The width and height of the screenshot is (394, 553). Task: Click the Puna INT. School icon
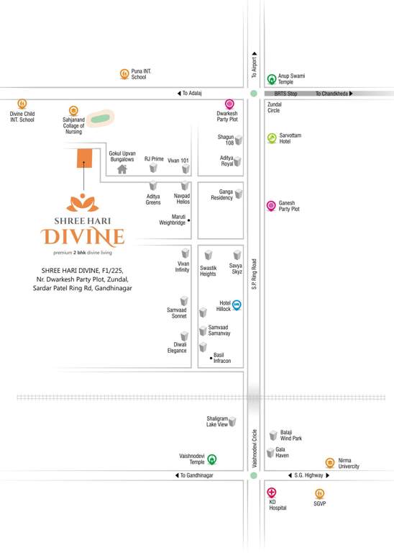pos(124,73)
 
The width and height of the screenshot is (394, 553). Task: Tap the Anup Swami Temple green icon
pos(271,79)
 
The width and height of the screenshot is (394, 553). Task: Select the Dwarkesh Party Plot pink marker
pos(229,104)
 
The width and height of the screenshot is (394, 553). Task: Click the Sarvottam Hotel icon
pos(271,138)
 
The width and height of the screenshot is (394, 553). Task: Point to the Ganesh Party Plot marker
pos(271,205)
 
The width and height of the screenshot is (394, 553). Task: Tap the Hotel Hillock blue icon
pos(237,305)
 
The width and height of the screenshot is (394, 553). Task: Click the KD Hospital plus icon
pos(271,493)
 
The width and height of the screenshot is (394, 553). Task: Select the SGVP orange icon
pos(319,493)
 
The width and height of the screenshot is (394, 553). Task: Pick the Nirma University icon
pos(329,462)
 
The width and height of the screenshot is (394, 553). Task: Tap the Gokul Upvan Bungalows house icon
pos(122,169)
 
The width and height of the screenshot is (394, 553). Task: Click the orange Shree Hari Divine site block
pos(85,158)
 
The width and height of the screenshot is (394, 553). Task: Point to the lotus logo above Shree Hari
pos(83,204)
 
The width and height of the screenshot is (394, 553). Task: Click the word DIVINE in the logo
pos(83,237)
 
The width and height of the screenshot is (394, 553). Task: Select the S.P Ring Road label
pos(254,274)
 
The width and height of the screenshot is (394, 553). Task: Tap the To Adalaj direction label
pos(192,94)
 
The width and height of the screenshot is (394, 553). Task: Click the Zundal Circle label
pos(274,107)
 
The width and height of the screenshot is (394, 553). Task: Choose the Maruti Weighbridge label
pos(172,220)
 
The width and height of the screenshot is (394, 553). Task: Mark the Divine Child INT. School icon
pos(22,103)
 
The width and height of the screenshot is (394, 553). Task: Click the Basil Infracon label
pos(222,357)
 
